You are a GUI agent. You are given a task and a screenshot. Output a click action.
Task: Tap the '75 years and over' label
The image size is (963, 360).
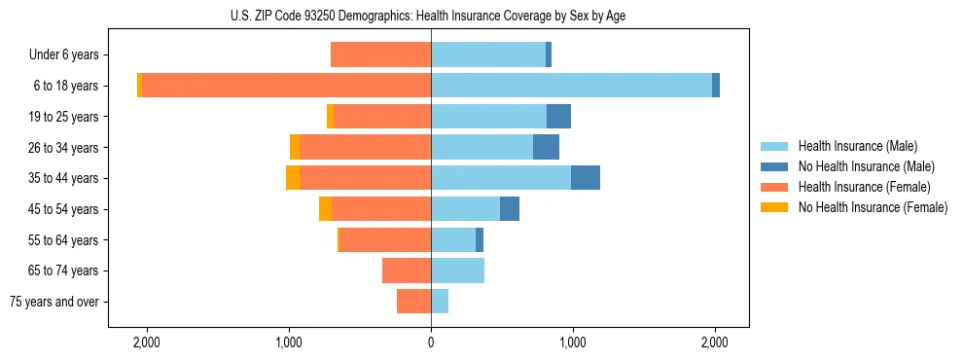tap(54, 302)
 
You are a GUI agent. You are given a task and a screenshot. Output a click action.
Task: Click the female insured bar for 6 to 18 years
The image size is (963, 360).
tap(286, 86)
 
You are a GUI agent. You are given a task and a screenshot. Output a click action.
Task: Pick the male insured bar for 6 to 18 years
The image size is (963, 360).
tap(571, 86)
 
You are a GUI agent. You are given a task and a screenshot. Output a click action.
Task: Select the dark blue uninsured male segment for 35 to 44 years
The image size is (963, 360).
tap(586, 178)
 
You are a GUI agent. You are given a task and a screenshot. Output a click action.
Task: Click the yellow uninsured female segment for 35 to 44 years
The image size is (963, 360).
tap(293, 178)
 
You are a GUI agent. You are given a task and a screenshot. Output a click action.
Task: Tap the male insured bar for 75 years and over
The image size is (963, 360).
tap(440, 302)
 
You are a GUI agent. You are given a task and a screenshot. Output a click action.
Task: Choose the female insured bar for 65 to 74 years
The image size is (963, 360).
tap(407, 270)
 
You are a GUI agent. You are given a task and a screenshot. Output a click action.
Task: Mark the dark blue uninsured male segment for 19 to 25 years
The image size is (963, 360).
tap(558, 117)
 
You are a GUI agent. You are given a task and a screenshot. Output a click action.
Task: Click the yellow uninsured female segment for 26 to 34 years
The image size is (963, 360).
tap(295, 147)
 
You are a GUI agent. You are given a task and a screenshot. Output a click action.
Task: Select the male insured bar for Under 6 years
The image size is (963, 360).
tap(488, 54)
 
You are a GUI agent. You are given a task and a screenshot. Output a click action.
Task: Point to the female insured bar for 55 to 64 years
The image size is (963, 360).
tap(385, 239)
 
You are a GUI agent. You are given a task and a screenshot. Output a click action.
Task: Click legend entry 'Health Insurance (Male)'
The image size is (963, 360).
tap(857, 146)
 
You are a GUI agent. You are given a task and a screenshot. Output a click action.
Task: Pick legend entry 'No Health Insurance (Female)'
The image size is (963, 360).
tap(872, 207)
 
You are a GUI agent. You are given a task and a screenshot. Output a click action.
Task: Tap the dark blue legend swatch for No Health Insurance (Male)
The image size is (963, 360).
tap(774, 166)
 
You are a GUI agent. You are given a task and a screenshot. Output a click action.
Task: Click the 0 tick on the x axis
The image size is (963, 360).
tap(431, 342)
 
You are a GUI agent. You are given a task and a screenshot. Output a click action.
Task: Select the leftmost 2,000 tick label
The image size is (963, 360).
tap(147, 342)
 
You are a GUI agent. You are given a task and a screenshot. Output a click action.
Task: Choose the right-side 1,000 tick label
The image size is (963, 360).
tap(573, 342)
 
